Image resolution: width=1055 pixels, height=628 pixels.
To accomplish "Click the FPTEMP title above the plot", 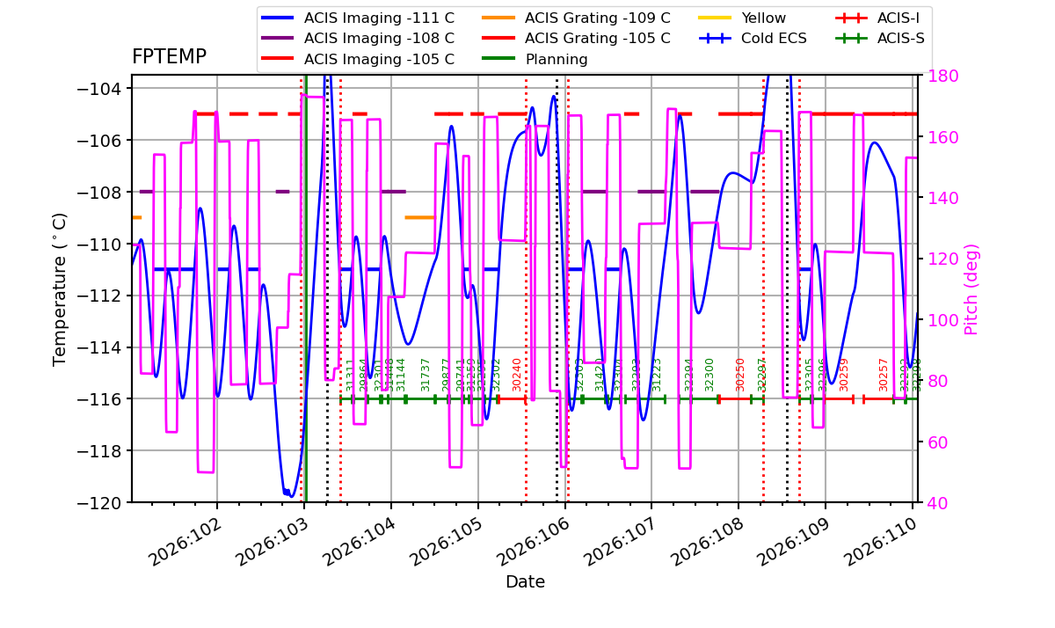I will pyautogui.click(x=169, y=57).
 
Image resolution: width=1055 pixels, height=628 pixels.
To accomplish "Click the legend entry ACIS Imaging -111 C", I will pyautogui.click(x=379, y=18).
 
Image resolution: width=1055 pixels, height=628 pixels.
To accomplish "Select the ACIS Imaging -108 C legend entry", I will pyautogui.click(x=379, y=39).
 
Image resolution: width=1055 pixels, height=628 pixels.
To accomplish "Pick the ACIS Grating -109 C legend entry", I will pyautogui.click(x=597, y=18).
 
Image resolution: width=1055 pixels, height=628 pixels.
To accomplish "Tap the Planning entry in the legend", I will pyautogui.click(x=556, y=60).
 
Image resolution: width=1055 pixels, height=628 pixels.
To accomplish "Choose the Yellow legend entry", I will pyautogui.click(x=763, y=18).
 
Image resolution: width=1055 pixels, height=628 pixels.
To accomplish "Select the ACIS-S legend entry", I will pyautogui.click(x=900, y=39).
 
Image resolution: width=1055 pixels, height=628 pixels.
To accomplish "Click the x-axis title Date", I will pyautogui.click(x=525, y=582).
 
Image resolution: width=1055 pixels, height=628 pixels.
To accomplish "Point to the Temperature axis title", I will pyautogui.click(x=60, y=288).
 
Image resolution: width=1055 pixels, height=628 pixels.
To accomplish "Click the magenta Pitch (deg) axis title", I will pyautogui.click(x=971, y=288).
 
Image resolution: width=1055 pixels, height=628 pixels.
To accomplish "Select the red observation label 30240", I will pyautogui.click(x=517, y=374).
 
